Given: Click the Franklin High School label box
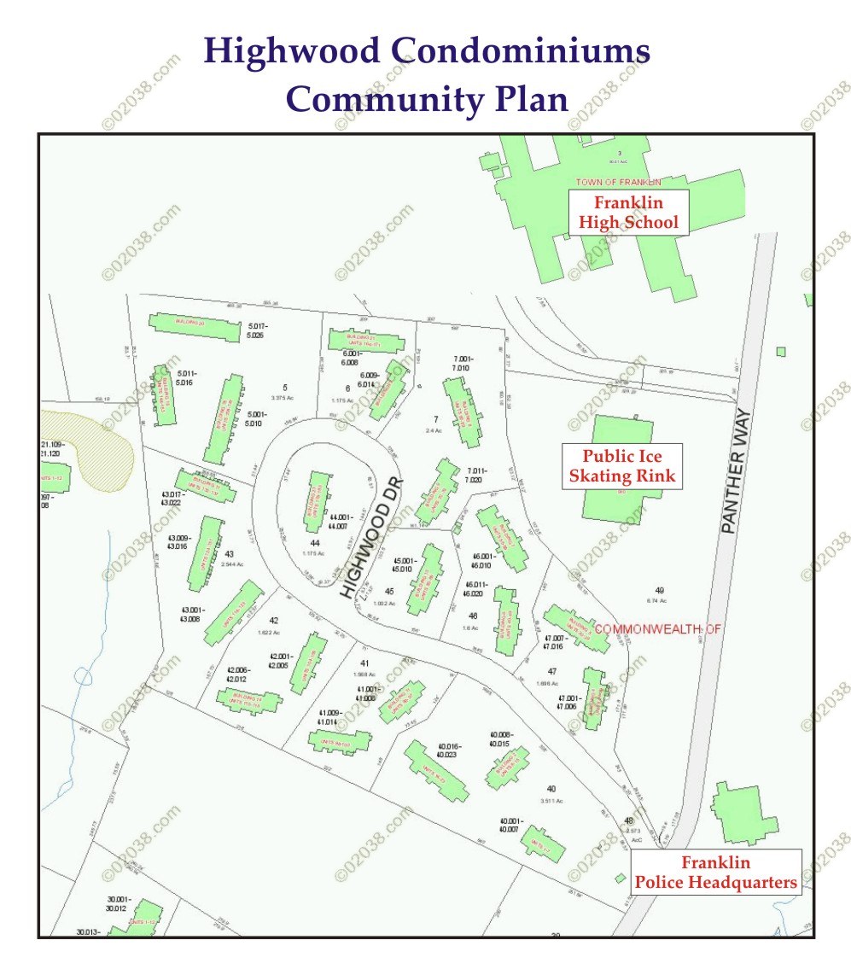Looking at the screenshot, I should pyautogui.click(x=628, y=213).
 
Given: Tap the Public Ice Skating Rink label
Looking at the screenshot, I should pyautogui.click(x=621, y=466).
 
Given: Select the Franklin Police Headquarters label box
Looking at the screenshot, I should pyautogui.click(x=715, y=872).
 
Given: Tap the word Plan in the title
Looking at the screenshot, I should pyautogui.click(x=531, y=99).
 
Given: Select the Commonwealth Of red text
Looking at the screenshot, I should pyautogui.click(x=657, y=629).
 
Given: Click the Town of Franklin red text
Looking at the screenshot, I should pyautogui.click(x=618, y=183).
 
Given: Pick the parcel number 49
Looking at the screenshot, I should pyautogui.click(x=659, y=590).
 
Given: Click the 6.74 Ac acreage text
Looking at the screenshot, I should pyautogui.click(x=659, y=600).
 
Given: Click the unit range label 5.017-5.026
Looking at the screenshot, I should pyautogui.click(x=258, y=330).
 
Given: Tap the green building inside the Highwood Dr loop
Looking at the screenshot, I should pyautogui.click(x=315, y=501).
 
